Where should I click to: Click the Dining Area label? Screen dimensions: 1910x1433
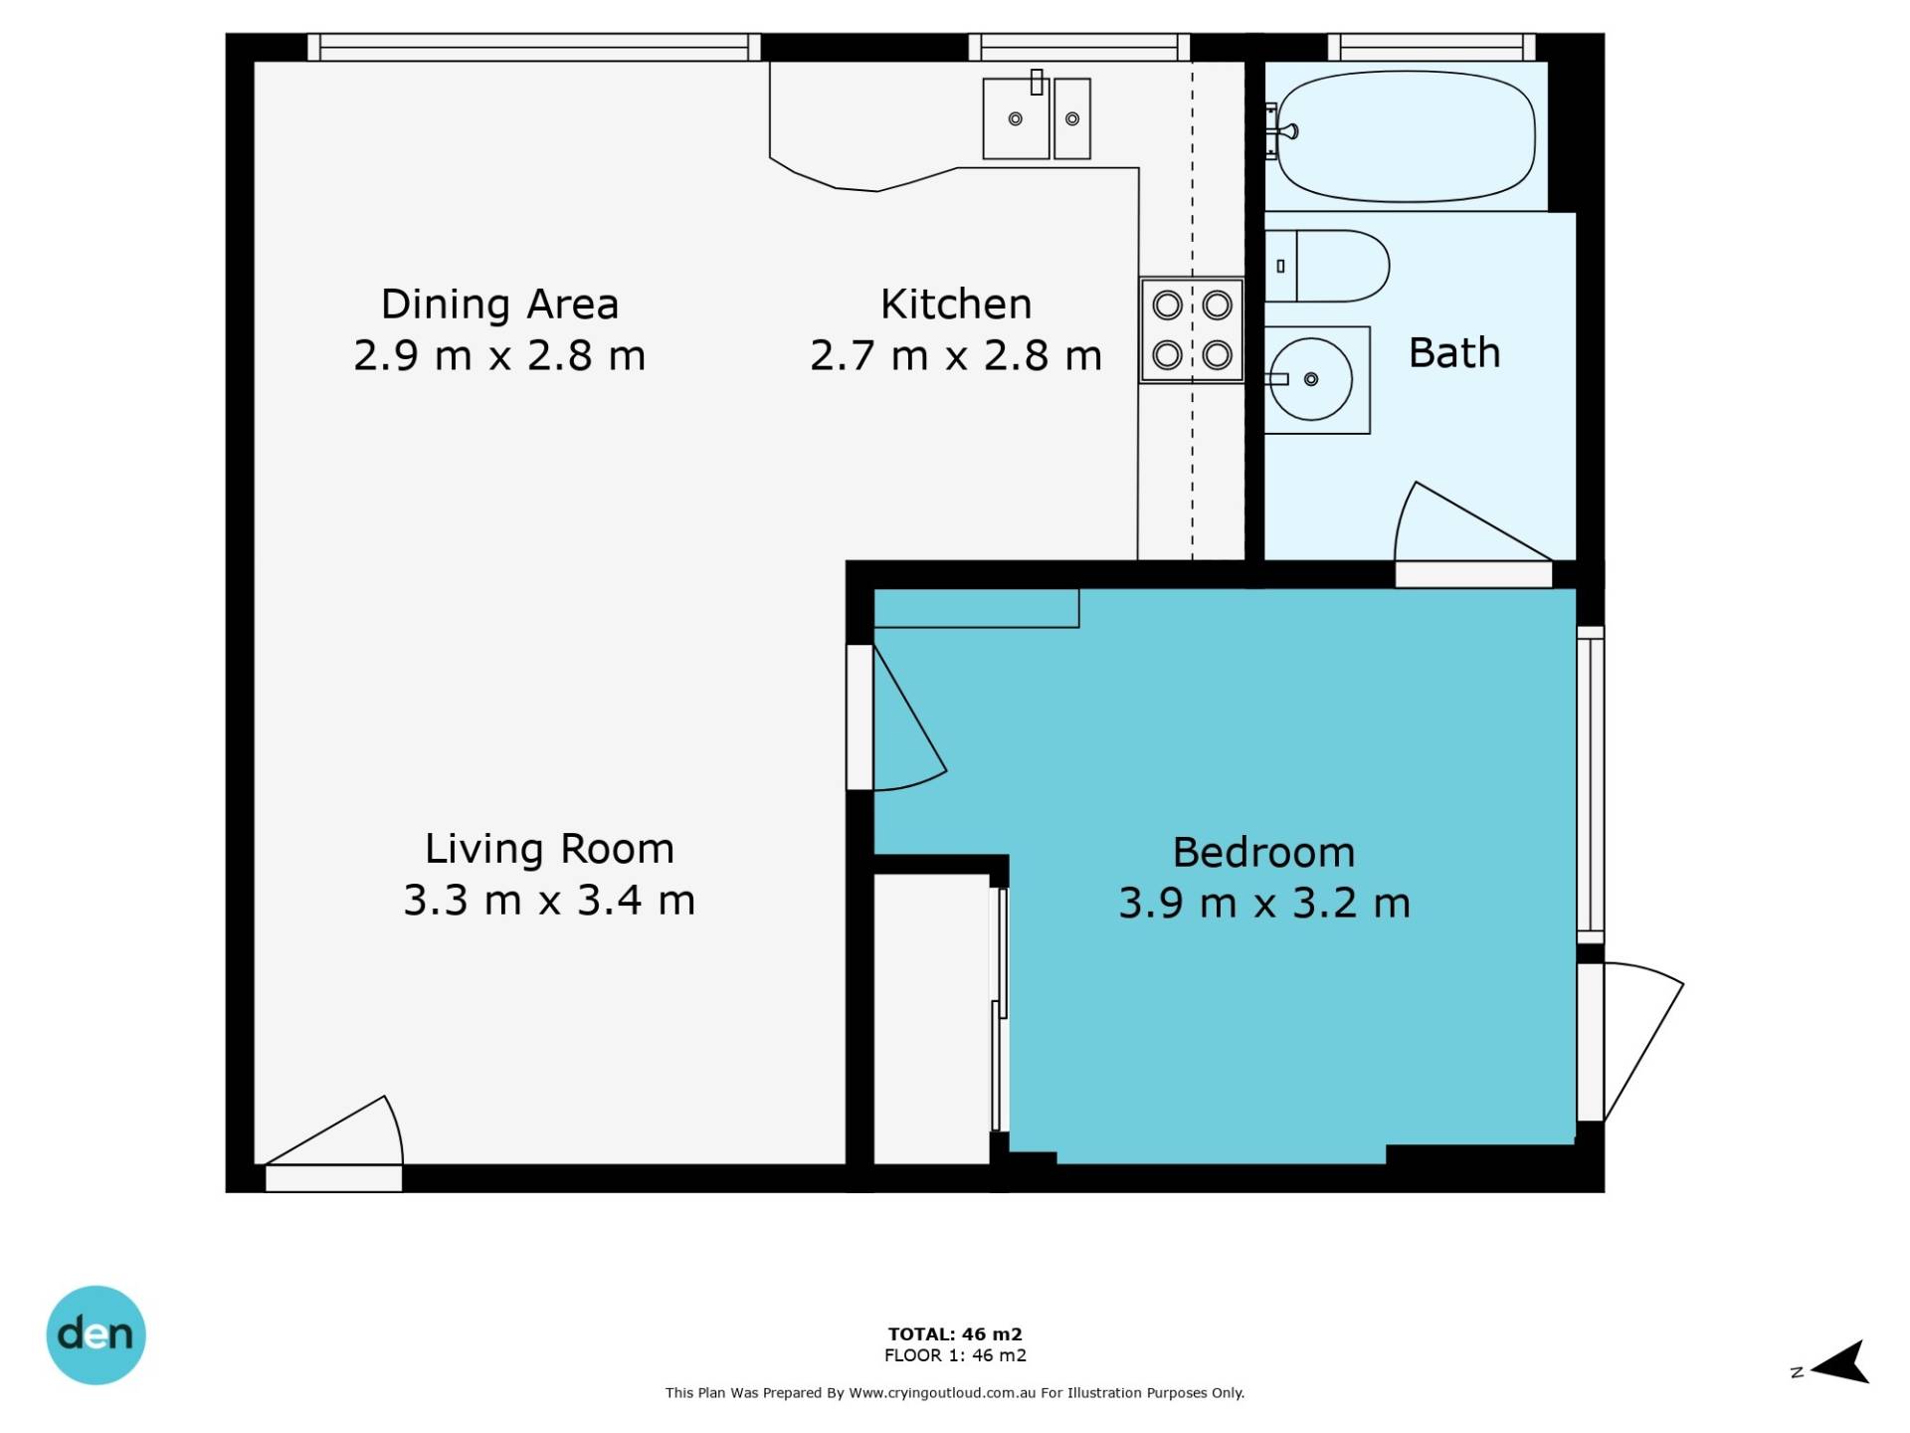[x=499, y=305]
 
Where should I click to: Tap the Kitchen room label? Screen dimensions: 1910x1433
[x=956, y=305]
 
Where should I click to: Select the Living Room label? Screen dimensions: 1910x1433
[x=549, y=849]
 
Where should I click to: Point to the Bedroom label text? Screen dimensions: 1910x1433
[x=1263, y=853]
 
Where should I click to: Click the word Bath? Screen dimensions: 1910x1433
[x=1454, y=353]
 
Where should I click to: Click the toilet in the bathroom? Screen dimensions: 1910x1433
[x=1327, y=266]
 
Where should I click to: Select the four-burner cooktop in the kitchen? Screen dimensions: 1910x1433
[x=1192, y=329]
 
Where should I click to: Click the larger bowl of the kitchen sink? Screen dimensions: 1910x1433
[x=1016, y=118]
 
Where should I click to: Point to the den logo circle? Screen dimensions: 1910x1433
[x=95, y=1334]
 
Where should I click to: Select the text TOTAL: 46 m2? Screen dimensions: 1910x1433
[x=955, y=1333]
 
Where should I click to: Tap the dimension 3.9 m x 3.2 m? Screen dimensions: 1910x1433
[x=1264, y=904]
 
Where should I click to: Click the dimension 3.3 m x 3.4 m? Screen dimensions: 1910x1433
[x=549, y=901]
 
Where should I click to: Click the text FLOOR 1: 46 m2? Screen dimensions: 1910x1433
[x=955, y=1355]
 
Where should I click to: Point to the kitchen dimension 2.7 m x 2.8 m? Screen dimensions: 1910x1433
[x=956, y=356]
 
